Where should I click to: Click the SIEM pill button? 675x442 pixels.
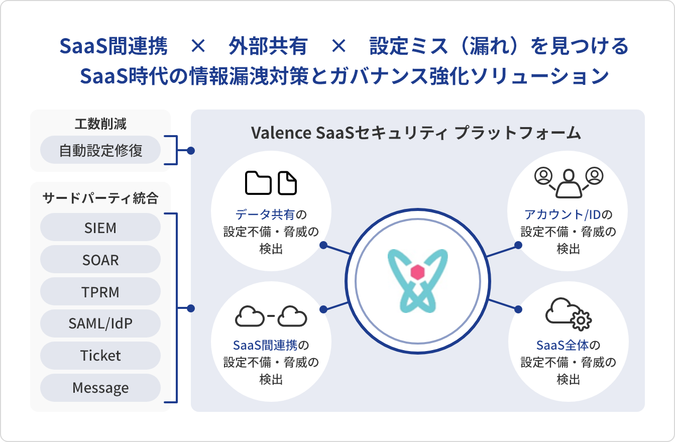pyautogui.click(x=100, y=228)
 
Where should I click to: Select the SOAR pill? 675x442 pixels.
pyautogui.click(x=100, y=260)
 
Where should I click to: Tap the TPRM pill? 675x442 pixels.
pyautogui.click(x=100, y=292)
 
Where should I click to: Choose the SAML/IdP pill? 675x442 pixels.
pyautogui.click(x=100, y=323)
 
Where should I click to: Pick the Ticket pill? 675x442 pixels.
pyautogui.click(x=100, y=356)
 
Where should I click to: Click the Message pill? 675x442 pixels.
pyautogui.click(x=100, y=388)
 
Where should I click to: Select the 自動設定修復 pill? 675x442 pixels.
pyautogui.click(x=100, y=150)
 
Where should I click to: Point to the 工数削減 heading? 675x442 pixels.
pyautogui.click(x=100, y=124)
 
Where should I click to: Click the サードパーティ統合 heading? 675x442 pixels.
pyautogui.click(x=100, y=198)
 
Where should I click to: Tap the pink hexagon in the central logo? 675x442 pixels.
pyautogui.click(x=416, y=273)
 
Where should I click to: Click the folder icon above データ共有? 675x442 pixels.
pyautogui.click(x=258, y=183)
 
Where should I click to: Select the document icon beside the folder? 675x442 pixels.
pyautogui.click(x=287, y=183)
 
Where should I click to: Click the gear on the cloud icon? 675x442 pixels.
pyautogui.click(x=582, y=320)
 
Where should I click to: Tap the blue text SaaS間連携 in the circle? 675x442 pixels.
pyautogui.click(x=265, y=345)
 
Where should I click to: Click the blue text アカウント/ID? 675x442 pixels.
pyautogui.click(x=562, y=215)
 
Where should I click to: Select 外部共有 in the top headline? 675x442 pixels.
pyautogui.click(x=268, y=47)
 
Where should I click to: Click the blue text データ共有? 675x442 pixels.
pyautogui.click(x=265, y=215)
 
